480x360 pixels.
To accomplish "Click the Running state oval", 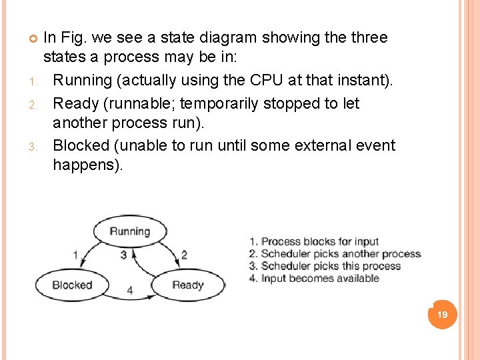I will coord(130,231).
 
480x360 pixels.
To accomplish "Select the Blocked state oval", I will coord(72,285).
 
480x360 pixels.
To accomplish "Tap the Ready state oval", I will coord(188,285).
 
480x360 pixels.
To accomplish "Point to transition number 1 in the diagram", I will coord(75,255).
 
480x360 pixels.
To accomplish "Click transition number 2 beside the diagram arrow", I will coord(184,255).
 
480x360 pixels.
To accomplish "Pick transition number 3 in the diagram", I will coord(123,255).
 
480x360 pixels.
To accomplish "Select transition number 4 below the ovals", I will coord(130,291).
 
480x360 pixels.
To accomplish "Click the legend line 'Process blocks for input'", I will coord(313,241).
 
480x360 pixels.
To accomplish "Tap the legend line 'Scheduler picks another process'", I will coord(335,254).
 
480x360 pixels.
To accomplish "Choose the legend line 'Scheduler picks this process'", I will coord(325,266).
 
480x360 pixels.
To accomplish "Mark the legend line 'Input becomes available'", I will coord(314,278).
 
